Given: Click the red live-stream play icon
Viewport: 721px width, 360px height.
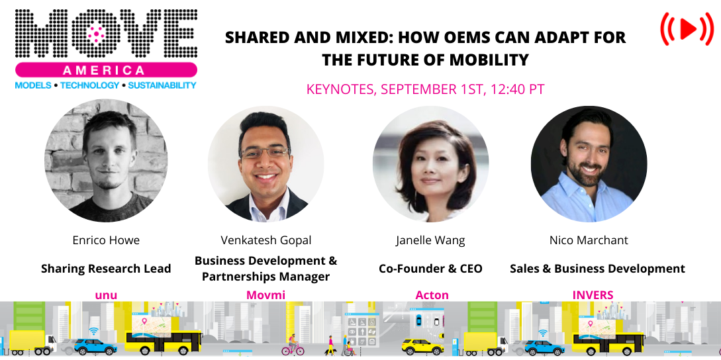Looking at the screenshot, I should [687, 28].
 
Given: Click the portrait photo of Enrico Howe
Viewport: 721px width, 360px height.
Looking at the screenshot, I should [106, 161].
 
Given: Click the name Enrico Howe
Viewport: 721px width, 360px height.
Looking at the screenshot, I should [106, 240].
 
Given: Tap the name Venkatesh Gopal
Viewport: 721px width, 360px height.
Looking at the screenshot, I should [266, 240].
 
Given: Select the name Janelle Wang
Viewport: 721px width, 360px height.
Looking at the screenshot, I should [430, 240].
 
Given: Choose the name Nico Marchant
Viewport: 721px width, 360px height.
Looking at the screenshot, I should [589, 240].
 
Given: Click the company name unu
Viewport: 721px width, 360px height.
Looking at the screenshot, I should [106, 295].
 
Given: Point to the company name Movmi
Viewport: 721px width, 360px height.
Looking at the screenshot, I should [266, 295].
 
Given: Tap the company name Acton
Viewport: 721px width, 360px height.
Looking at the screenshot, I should [432, 295].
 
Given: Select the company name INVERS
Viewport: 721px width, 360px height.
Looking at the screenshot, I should [593, 295].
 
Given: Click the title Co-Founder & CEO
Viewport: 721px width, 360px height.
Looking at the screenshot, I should [430, 269].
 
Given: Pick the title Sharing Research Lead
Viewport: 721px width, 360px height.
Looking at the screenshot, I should [106, 269].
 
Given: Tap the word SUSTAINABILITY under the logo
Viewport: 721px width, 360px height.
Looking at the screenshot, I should [162, 85].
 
